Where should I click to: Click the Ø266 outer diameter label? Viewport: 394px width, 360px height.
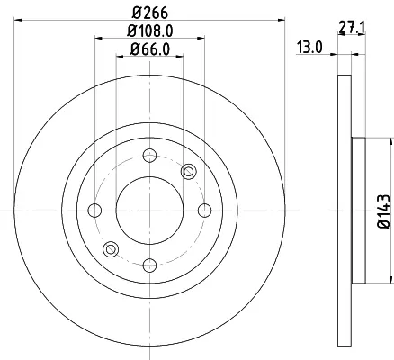tap(150, 13)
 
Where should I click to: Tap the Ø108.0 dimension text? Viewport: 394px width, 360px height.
tap(150, 31)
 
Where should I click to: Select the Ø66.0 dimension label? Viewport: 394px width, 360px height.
tap(150, 49)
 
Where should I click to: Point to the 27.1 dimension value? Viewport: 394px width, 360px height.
tap(352, 28)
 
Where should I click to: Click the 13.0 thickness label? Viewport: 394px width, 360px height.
tap(309, 47)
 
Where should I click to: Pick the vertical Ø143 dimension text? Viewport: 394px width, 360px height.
tap(384, 211)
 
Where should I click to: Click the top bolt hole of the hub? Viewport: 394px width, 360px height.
tap(149, 156)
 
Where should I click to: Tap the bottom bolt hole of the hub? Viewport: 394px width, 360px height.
tap(149, 265)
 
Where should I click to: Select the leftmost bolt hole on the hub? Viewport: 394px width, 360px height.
tap(94, 211)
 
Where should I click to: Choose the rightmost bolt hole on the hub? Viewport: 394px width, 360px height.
tap(205, 211)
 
